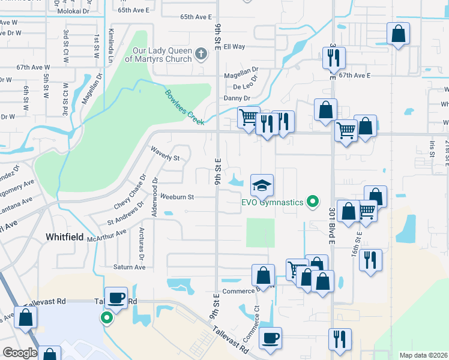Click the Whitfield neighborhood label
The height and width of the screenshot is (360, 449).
click(65, 238)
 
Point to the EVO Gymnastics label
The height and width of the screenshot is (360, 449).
click(272, 202)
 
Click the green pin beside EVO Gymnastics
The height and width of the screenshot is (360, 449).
click(312, 202)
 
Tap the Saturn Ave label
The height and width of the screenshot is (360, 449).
click(130, 267)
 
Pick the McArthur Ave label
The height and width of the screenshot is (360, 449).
click(107, 236)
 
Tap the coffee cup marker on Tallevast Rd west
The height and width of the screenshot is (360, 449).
click(116, 298)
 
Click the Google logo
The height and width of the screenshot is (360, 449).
click(20, 353)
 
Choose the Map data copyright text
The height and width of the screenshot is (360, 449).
click(423, 355)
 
